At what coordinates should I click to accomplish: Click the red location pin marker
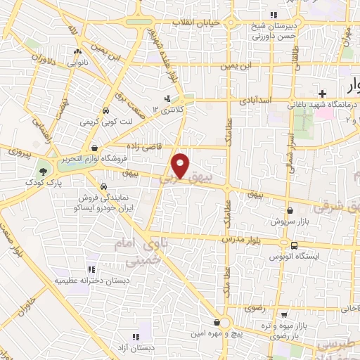pyautogui.click(x=182, y=165)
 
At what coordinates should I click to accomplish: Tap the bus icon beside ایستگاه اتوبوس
pyautogui.click(x=293, y=245)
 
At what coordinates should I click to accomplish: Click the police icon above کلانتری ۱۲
pyautogui.click(x=167, y=98)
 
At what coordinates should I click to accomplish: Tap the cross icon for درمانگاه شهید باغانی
pyautogui.click(x=322, y=94)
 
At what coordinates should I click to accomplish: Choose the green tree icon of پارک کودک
pyautogui.click(x=44, y=171)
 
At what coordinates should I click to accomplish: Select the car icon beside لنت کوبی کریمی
pyautogui.click(x=105, y=111)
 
